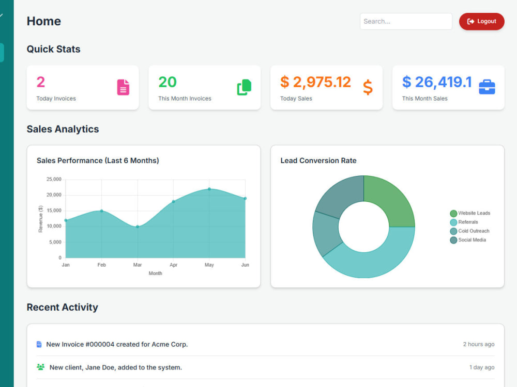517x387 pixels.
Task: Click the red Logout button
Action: coord(481,21)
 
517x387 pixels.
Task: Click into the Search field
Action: coord(406,21)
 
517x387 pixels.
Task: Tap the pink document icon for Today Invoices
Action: coord(123,87)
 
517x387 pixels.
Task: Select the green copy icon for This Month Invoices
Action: coord(245,87)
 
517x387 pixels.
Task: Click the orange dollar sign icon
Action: coord(368,87)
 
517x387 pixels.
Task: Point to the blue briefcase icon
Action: coord(487,87)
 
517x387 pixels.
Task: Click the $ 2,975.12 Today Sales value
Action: coord(315,82)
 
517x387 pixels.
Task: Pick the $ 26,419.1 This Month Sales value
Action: coord(437,82)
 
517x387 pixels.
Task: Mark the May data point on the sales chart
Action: coord(209,189)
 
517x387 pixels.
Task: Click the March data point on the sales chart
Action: coord(138,227)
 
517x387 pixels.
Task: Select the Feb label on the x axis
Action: coord(101,265)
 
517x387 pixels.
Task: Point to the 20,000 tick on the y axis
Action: coord(54,195)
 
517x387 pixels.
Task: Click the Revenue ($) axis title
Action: coord(40,219)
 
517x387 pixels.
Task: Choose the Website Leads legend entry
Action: coord(470,213)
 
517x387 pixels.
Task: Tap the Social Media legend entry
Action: coord(468,240)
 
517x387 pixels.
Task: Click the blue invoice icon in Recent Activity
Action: coord(39,344)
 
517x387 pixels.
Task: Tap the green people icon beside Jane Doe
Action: coord(40,367)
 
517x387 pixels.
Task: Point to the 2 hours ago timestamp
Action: coord(479,344)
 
